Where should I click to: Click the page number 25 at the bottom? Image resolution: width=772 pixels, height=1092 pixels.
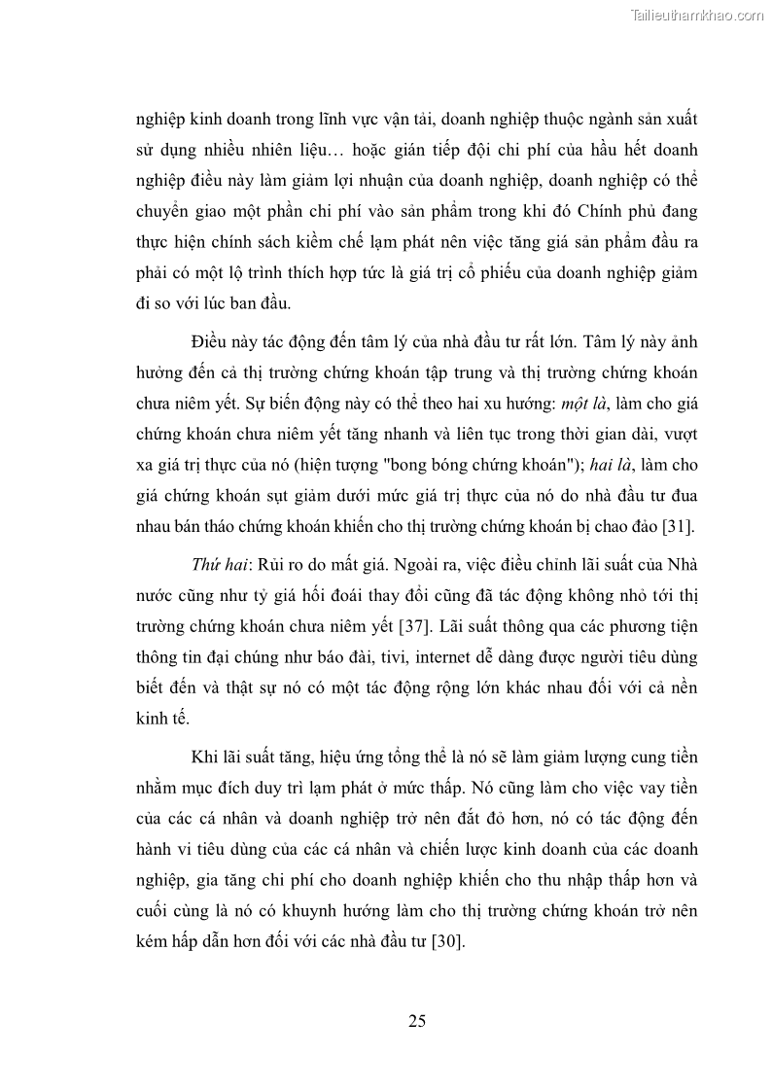417,1021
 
